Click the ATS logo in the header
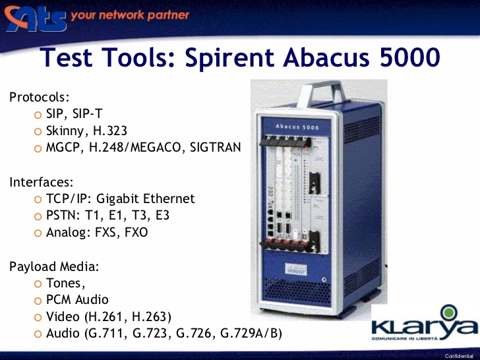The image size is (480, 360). click(35, 18)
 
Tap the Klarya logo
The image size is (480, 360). click(425, 323)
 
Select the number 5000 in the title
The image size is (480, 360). click(410, 57)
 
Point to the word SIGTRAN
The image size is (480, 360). click(215, 147)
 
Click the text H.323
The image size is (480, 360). click(110, 131)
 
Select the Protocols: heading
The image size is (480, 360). click(40, 97)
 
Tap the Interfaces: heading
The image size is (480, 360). click(42, 182)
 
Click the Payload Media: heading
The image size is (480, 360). click(54, 266)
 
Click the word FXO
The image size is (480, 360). click(136, 232)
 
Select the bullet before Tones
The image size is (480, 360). click(38, 284)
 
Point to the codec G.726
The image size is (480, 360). click(193, 334)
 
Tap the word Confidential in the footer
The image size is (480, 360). click(459, 356)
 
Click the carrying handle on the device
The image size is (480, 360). click(322, 93)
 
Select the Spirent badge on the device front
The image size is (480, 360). click(296, 270)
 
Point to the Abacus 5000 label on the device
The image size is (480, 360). click(297, 127)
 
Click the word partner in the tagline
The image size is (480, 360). click(168, 15)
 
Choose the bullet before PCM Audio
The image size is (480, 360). click(38, 301)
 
